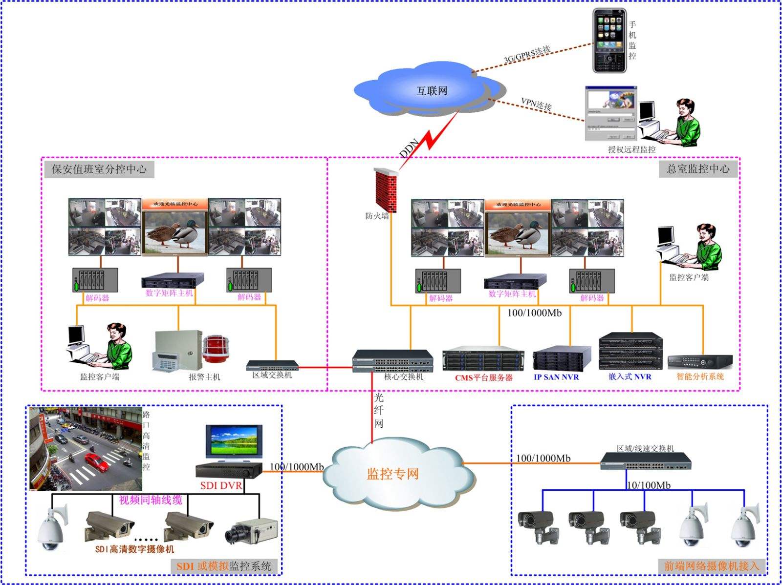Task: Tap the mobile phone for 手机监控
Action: point(609,41)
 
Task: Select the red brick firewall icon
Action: point(386,190)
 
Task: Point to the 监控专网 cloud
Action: point(394,473)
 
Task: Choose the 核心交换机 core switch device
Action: point(393,361)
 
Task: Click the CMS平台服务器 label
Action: point(483,377)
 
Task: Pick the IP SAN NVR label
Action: point(556,377)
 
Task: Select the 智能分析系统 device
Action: point(700,362)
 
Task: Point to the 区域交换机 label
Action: point(272,375)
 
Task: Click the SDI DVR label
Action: point(221,485)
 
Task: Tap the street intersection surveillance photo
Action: point(86,448)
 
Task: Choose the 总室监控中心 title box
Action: point(698,168)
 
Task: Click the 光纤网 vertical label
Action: point(379,410)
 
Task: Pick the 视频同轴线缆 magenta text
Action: point(151,500)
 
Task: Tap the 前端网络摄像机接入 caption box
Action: point(711,566)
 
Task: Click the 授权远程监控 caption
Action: point(631,149)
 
